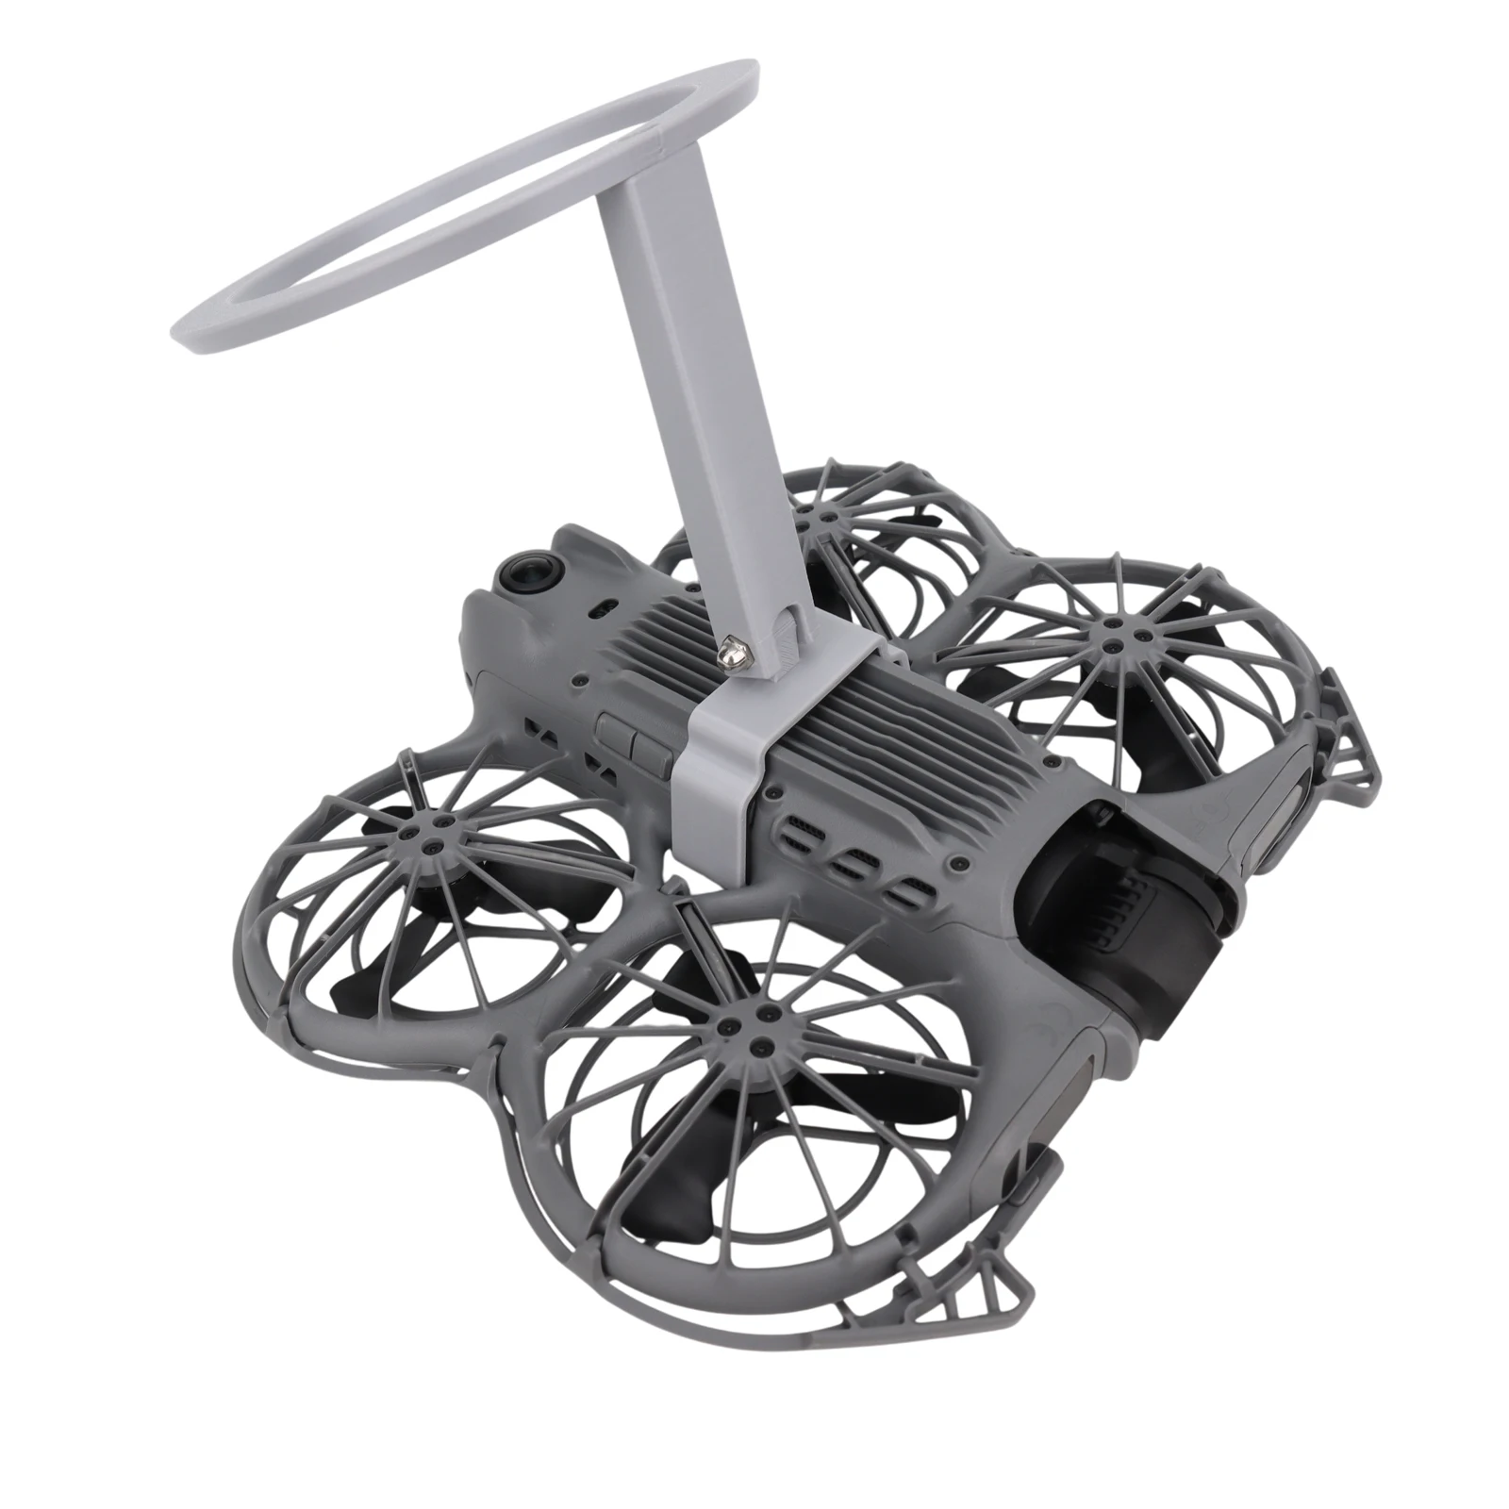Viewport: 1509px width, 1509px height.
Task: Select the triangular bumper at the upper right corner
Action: pos(1349,736)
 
